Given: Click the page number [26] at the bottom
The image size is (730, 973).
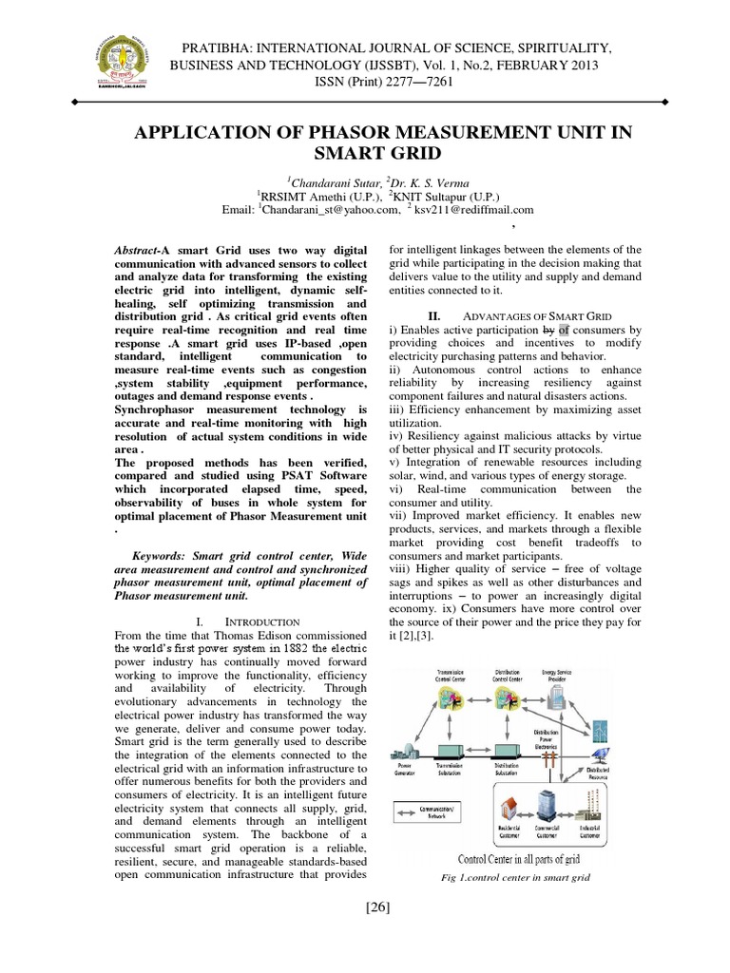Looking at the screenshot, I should click(x=376, y=906).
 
